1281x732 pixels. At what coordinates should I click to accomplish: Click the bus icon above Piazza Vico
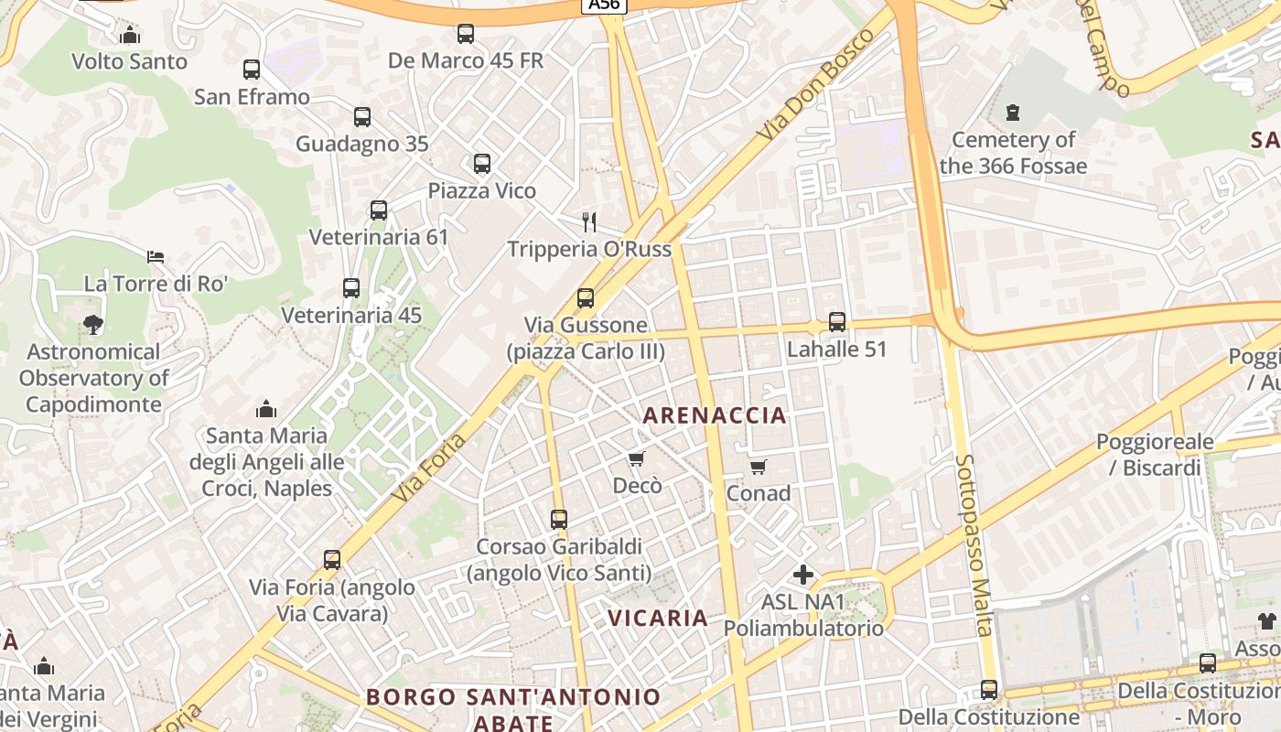(482, 164)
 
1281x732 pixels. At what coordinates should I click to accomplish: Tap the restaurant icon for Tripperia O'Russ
(589, 221)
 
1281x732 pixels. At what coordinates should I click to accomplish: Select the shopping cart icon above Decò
(637, 458)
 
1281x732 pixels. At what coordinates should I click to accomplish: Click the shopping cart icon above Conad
(759, 468)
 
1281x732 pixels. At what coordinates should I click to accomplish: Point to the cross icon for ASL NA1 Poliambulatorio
(803, 575)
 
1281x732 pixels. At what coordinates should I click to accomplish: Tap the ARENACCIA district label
(715, 415)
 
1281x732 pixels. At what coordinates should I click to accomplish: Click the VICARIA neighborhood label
(658, 618)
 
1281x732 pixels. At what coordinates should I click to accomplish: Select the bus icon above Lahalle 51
(837, 322)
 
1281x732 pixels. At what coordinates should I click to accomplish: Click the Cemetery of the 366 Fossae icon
(1012, 113)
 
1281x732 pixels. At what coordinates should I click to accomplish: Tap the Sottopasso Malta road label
(974, 544)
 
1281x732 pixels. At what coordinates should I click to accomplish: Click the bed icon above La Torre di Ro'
(156, 257)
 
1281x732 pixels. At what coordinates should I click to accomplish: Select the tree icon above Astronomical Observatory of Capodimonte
(92, 324)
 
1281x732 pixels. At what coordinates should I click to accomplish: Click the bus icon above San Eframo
(252, 70)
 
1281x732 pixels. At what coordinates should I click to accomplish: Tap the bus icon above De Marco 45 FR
(466, 35)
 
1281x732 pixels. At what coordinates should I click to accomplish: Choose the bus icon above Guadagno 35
(362, 117)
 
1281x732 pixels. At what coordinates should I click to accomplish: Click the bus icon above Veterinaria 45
(351, 288)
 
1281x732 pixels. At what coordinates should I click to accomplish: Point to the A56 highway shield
(604, 5)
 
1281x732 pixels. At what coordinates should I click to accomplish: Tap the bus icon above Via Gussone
(586, 298)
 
